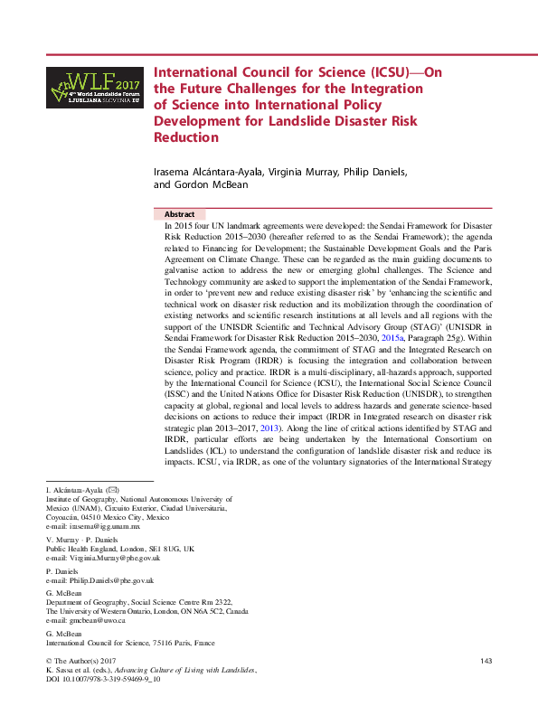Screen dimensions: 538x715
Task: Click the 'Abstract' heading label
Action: point(180,214)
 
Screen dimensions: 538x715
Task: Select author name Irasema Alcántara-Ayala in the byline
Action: point(208,171)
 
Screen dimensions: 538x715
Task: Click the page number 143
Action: point(486,662)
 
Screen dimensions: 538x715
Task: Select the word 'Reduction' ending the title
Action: point(187,138)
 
